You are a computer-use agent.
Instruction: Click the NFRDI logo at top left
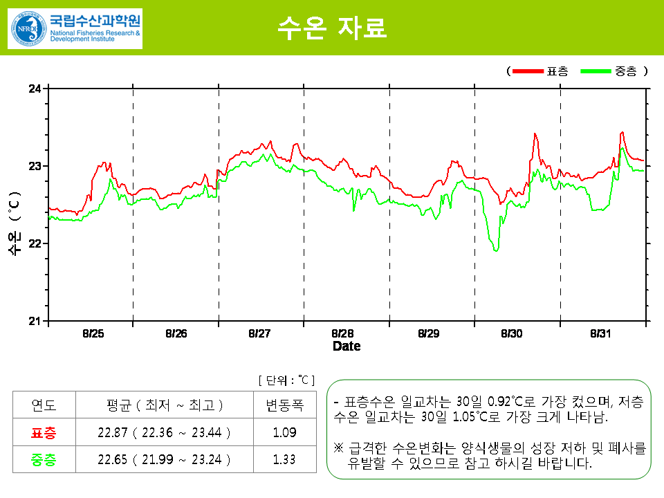click(x=75, y=29)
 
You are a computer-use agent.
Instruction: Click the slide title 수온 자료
click(x=331, y=28)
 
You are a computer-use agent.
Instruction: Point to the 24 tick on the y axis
click(x=35, y=89)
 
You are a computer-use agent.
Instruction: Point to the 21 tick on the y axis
click(x=35, y=321)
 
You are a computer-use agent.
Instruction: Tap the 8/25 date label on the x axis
click(x=93, y=333)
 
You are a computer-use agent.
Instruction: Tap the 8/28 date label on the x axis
click(x=342, y=333)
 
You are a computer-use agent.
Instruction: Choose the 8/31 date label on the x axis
click(x=601, y=333)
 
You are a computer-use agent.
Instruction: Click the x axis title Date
click(x=347, y=346)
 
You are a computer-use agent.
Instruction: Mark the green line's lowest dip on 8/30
click(x=496, y=250)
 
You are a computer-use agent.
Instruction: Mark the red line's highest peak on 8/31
click(x=622, y=132)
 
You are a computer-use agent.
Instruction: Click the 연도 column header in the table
click(x=44, y=405)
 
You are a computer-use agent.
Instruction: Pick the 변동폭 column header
click(x=284, y=405)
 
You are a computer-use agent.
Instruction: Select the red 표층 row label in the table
click(x=44, y=433)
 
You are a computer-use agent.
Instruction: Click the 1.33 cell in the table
click(x=284, y=459)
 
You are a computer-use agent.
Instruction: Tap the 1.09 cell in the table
click(x=284, y=433)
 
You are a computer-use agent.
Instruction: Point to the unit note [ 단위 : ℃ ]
click(x=286, y=380)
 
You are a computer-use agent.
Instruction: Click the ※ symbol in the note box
click(x=338, y=448)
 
